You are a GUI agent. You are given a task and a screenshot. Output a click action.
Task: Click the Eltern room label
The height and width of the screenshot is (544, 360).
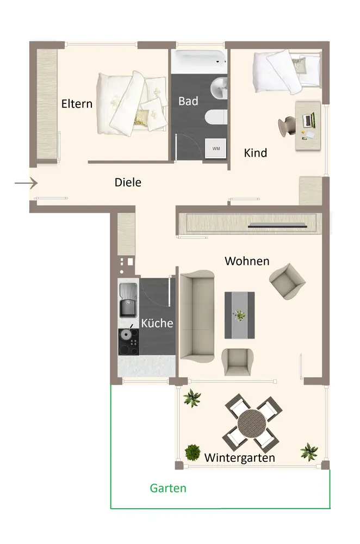77,104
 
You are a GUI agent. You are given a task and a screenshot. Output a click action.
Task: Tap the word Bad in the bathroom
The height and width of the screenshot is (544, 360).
188,101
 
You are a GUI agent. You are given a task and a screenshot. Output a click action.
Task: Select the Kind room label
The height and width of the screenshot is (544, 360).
255,153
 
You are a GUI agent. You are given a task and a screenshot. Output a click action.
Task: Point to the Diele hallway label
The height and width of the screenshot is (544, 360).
128,182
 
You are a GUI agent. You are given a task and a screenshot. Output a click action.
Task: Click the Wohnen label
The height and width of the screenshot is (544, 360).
247,261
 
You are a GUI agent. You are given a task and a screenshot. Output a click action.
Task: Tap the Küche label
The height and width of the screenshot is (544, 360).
157,323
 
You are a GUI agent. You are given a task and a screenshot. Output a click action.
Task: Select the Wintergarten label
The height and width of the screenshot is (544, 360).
240,458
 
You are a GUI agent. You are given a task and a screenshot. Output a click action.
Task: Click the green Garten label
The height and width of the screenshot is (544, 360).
168,488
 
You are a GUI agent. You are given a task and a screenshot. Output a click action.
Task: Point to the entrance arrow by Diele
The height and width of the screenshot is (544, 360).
26,183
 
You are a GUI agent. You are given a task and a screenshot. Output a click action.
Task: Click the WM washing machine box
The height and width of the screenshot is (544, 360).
216,149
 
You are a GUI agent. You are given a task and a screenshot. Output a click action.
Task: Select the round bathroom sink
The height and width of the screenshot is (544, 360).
219,88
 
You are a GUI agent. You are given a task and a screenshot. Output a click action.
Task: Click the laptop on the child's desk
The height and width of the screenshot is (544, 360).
308,120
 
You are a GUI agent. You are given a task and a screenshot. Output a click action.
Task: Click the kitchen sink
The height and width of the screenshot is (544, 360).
128,300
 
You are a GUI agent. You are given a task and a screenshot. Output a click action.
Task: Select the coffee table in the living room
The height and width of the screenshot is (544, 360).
240,316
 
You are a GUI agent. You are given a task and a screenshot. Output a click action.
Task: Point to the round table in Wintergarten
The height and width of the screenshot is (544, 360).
252,424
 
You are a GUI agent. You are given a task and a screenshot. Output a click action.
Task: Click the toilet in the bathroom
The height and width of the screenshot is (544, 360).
216,117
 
